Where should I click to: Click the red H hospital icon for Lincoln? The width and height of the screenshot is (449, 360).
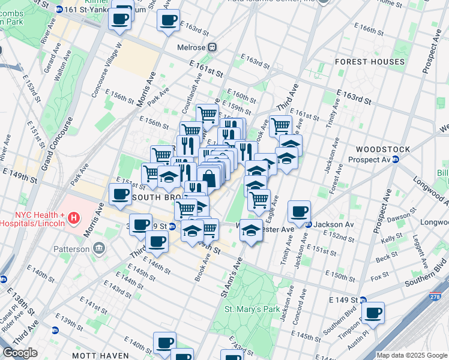[74, 217]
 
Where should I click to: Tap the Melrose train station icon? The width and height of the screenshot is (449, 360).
[212, 47]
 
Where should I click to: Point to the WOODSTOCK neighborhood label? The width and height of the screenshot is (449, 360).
[382, 149]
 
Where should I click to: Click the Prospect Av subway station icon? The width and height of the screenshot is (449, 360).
[396, 160]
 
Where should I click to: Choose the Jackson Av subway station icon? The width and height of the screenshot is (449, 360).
[309, 224]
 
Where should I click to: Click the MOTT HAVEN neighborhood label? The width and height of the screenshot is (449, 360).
[93, 355]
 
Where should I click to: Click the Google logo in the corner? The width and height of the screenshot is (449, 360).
[20, 353]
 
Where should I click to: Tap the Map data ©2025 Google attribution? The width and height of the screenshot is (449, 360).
[412, 355]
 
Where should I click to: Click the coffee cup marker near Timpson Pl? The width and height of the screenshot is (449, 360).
[373, 313]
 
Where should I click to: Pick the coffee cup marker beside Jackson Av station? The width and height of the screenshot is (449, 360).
[299, 211]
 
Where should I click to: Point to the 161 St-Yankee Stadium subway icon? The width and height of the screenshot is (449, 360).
[59, 10]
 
